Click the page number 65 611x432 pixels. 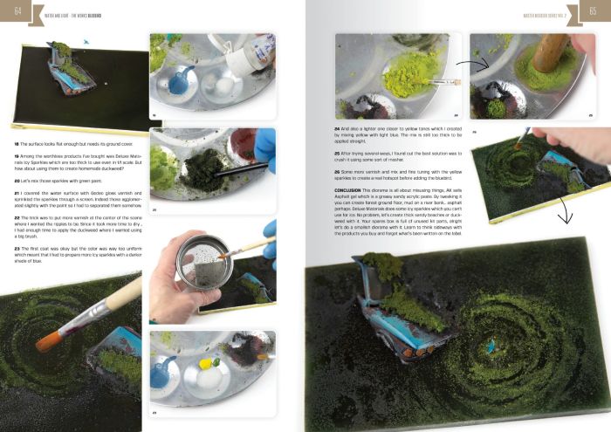pyautogui.click(x=593, y=10)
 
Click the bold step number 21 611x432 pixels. pyautogui.click(x=17, y=191)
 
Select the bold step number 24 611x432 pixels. pyautogui.click(x=338, y=127)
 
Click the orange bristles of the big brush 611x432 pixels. pyautogui.click(x=49, y=337)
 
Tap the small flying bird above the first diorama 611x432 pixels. pyautogui.click(x=85, y=40)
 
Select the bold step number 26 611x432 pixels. pyautogui.click(x=338, y=172)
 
